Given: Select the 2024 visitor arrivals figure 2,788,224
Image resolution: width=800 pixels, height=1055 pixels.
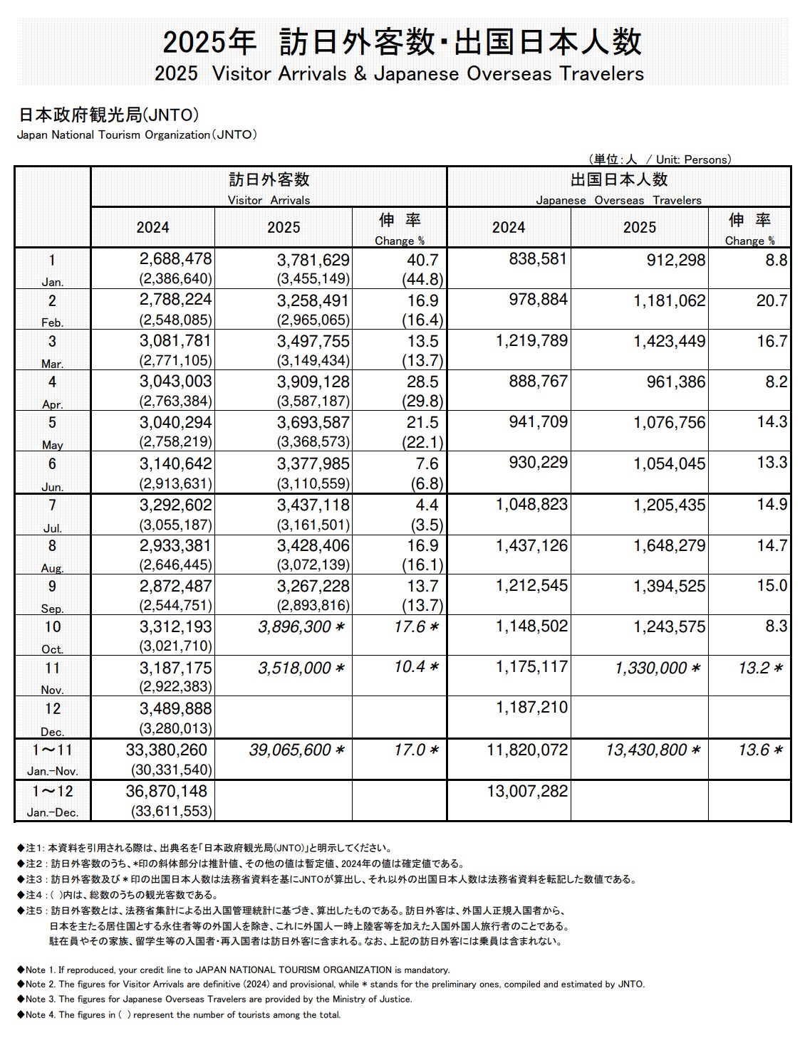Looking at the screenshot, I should [x=175, y=300].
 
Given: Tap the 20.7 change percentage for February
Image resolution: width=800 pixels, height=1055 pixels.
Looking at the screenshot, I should [x=772, y=301].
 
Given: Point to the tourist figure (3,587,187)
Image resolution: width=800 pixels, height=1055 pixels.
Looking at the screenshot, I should [x=313, y=401].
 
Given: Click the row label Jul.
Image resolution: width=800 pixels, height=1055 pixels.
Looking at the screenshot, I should [x=52, y=528].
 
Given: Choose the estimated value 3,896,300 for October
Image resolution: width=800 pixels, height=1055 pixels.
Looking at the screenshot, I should [x=295, y=627].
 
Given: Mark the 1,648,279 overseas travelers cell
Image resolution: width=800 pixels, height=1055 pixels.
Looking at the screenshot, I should [x=670, y=546].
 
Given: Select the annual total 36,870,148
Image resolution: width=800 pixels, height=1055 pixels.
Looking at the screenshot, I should [x=166, y=792].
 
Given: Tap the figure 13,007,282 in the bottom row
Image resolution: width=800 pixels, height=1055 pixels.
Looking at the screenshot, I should [x=527, y=792].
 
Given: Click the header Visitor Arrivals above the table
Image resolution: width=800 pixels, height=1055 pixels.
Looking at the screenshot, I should [x=269, y=200].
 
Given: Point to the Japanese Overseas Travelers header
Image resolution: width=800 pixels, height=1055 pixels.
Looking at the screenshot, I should [x=618, y=200].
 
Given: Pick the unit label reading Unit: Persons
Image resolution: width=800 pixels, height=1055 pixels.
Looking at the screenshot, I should [x=693, y=159].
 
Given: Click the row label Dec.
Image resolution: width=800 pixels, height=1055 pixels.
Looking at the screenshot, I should [x=52, y=732].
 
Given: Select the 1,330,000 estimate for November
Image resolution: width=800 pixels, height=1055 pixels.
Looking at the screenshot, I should [x=650, y=668].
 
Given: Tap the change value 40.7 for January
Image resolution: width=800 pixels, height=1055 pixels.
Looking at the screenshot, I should [x=423, y=260].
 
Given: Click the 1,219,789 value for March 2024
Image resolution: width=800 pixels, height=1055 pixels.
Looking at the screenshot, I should [x=531, y=341].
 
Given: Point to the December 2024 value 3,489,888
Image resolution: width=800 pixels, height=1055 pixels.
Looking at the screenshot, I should [x=175, y=709].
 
